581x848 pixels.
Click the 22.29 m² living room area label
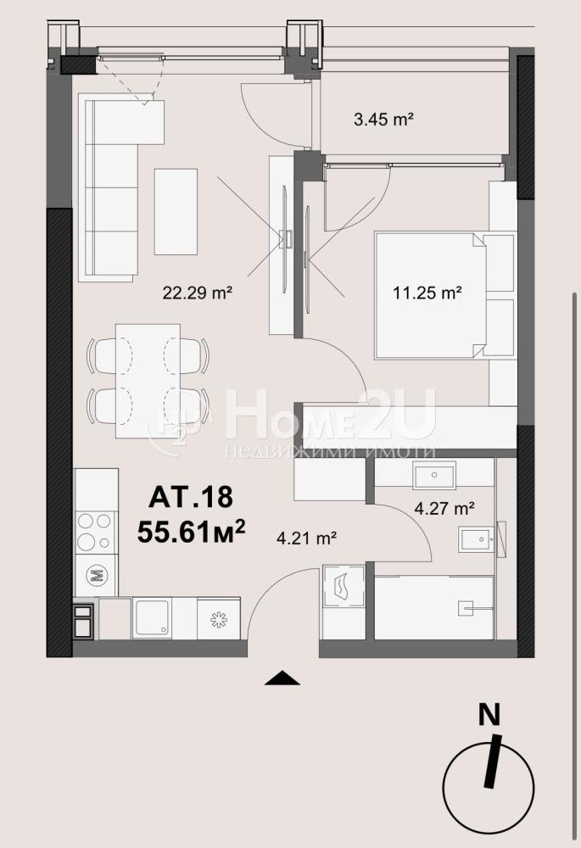click(x=198, y=293)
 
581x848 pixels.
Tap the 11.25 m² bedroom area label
click(x=427, y=293)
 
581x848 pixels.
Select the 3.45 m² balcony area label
click(x=383, y=119)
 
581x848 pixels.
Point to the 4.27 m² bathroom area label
click(x=444, y=508)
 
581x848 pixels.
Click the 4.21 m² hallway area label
click(x=307, y=538)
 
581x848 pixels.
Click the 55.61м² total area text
click(x=191, y=531)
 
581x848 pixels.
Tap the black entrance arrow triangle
click(x=282, y=678)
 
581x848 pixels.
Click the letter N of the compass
click(x=489, y=716)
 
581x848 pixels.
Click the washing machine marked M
click(x=97, y=576)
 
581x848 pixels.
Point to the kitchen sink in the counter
click(x=153, y=617)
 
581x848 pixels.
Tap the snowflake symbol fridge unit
click(x=219, y=619)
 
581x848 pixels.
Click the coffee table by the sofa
click(x=176, y=211)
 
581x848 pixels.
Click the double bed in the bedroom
click(x=430, y=295)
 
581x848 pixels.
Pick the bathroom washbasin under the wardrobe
click(x=434, y=475)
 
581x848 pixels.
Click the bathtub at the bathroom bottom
click(x=434, y=608)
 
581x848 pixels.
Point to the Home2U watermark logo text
click(x=330, y=415)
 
